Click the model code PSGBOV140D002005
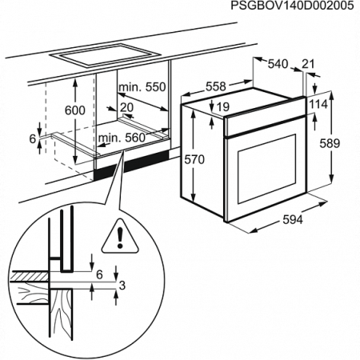(293, 6)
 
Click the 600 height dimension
(74, 111)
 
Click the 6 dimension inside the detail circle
(98, 274)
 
